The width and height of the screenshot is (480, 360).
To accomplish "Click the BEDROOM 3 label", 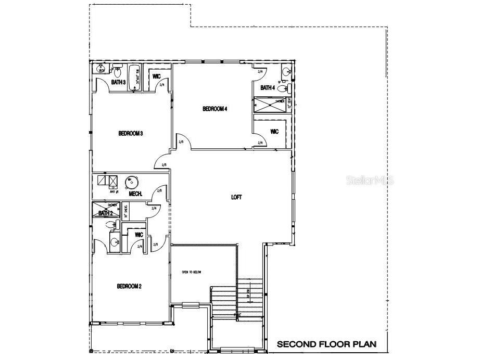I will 131,134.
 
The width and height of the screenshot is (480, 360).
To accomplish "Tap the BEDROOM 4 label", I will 215,109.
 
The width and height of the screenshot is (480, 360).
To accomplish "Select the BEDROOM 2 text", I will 129,286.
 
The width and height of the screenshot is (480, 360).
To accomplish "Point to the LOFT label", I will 237,197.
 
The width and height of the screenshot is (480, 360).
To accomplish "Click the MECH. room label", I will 136,194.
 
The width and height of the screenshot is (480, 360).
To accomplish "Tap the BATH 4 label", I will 268,88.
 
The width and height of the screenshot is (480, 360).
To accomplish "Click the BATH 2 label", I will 106,213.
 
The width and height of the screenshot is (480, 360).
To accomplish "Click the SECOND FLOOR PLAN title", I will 326,344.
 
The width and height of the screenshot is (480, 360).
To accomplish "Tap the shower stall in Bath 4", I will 270,105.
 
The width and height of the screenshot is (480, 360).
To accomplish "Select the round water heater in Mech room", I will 132,182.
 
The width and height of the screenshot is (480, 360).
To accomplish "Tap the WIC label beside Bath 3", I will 156,76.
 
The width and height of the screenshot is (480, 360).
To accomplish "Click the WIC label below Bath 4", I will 274,132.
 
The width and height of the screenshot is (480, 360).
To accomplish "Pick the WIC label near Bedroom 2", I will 138,235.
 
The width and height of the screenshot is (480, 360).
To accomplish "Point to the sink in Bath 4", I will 286,72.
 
